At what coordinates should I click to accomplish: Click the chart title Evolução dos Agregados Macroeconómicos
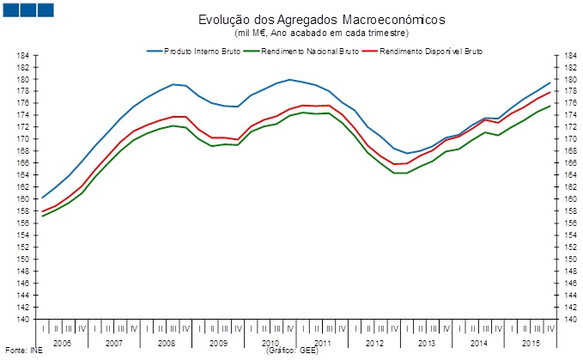[x=291, y=20]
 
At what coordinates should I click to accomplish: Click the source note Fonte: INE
[x=23, y=351]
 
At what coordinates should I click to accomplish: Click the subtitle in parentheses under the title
[x=291, y=32]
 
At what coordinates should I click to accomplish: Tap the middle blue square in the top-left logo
[x=26, y=10]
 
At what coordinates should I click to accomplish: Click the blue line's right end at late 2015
[x=550, y=82]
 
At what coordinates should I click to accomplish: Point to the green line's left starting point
[x=42, y=216]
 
